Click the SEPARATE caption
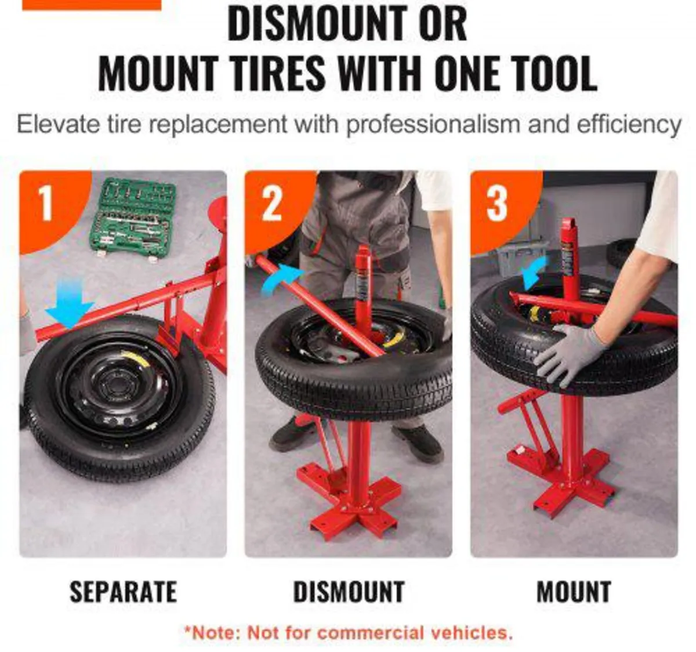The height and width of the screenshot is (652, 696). point(123,592)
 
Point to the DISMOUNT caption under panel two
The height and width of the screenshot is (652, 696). point(349,592)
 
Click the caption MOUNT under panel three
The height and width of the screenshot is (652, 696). point(574,592)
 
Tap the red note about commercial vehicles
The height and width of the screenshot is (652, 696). point(348,632)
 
